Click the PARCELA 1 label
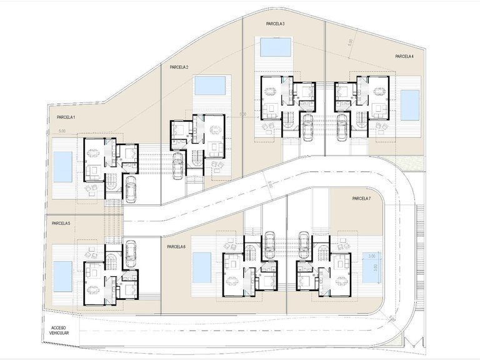pyautogui.click(x=66, y=117)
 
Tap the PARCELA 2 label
pyautogui.click(x=179, y=67)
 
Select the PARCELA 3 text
pyautogui.click(x=275, y=24)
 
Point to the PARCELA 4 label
pyautogui.click(x=404, y=56)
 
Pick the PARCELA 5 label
pyautogui.click(x=61, y=223)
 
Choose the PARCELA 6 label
pyautogui.click(x=176, y=247)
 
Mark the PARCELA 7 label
pyautogui.click(x=361, y=199)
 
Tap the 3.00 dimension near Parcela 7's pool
pyautogui.click(x=371, y=256)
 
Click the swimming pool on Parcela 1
pyautogui.click(x=62, y=167)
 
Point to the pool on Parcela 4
pyautogui.click(x=410, y=105)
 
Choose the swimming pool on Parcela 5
pyautogui.click(x=62, y=276)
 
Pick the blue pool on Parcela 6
pyautogui.click(x=202, y=267)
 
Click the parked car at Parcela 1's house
pyautogui.click(x=131, y=189)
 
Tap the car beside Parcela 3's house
pyautogui.click(x=307, y=129)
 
